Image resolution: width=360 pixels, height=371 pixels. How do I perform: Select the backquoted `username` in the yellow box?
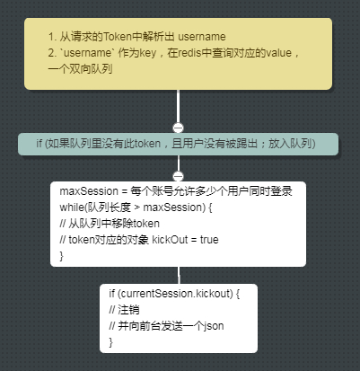click(87, 53)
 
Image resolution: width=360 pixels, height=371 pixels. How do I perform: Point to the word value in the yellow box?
click(279, 53)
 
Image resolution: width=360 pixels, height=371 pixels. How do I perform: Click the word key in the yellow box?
click(148, 53)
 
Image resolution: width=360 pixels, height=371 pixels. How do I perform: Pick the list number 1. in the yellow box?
click(52, 37)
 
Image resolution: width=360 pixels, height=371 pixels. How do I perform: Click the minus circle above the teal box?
click(179, 128)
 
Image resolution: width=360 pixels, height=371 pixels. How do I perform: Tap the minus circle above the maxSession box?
click(179, 176)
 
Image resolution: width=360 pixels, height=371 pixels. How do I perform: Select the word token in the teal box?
click(147, 144)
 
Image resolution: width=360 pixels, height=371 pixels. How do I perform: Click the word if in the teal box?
click(39, 144)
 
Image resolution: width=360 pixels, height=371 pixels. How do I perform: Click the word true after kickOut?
click(209, 240)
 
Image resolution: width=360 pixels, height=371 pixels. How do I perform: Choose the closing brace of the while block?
click(62, 256)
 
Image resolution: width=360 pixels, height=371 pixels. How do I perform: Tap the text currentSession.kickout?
click(176, 294)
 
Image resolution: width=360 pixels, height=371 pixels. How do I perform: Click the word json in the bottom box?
click(214, 326)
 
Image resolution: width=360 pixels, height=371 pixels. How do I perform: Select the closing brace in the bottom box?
click(111, 342)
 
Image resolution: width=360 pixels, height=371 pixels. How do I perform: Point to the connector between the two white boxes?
click(179, 275)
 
